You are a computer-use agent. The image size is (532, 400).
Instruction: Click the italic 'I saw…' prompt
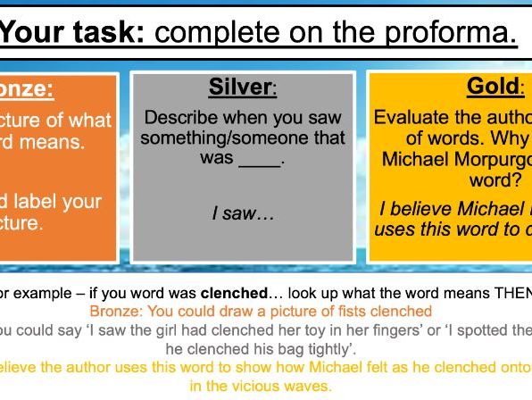click(243, 214)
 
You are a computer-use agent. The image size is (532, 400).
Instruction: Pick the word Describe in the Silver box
click(182, 118)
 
